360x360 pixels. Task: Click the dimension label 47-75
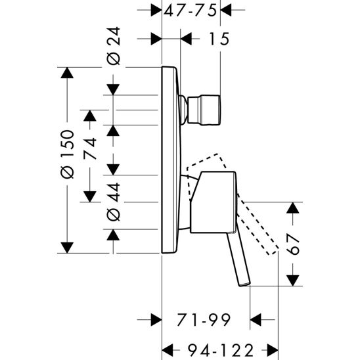coord(191,11)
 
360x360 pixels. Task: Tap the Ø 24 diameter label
coord(112,49)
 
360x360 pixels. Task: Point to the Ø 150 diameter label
coord(66,158)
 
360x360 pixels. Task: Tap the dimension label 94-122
coord(221,349)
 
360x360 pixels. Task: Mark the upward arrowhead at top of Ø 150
coord(66,73)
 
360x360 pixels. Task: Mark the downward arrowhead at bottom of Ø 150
coord(66,247)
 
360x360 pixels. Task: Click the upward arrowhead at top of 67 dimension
coord(293,209)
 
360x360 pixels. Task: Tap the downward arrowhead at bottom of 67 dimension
coord(293,280)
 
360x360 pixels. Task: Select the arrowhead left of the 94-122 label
coord(169,349)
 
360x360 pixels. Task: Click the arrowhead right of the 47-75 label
coord(227,11)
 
